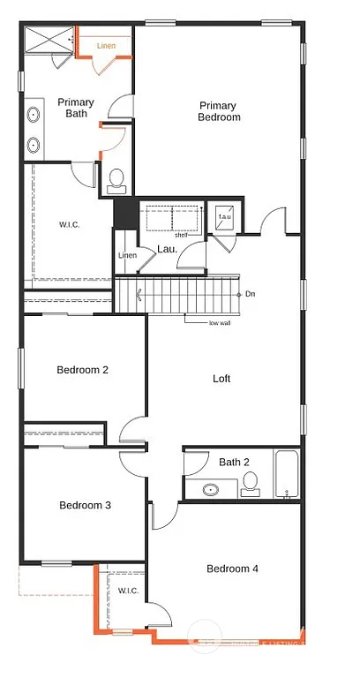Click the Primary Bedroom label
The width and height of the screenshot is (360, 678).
pyautogui.click(x=220, y=110)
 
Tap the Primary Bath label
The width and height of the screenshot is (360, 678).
pyautogui.click(x=76, y=108)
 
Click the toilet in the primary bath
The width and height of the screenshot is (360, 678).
pyautogui.click(x=116, y=182)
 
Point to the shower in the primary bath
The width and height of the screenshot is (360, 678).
pyautogui.click(x=49, y=41)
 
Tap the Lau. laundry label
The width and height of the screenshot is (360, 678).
pyautogui.click(x=168, y=250)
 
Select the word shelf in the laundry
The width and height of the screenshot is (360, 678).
pyautogui.click(x=181, y=235)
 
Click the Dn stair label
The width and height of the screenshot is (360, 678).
pyautogui.click(x=251, y=294)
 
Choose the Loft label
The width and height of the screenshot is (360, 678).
pyautogui.click(x=221, y=379)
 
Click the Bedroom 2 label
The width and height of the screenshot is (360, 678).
pyautogui.click(x=82, y=370)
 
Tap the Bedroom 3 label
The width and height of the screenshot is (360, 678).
pyautogui.click(x=85, y=506)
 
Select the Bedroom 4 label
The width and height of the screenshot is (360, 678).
pyautogui.click(x=232, y=569)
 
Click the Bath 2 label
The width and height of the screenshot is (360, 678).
pyautogui.click(x=234, y=462)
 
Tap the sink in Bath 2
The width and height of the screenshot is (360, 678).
pyautogui.click(x=212, y=488)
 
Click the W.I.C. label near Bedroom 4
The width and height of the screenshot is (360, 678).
pyautogui.click(x=127, y=590)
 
